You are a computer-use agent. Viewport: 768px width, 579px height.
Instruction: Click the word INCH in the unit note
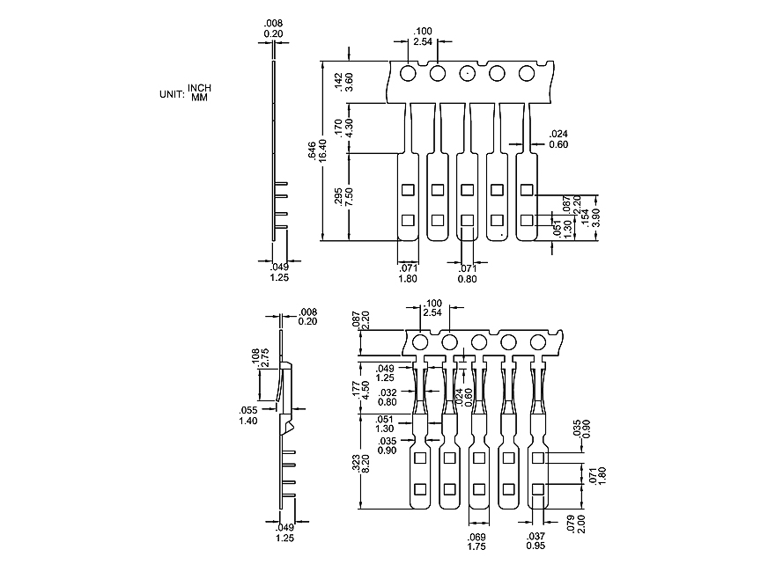[x=199, y=87]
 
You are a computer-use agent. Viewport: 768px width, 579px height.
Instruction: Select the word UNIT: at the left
[x=170, y=92]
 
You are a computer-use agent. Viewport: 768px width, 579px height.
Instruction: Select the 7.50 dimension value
[x=350, y=197]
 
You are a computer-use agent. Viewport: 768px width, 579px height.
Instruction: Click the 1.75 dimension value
[x=476, y=546]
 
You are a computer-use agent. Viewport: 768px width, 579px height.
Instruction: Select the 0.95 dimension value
[x=535, y=546]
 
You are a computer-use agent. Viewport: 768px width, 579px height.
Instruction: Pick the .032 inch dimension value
[x=387, y=392]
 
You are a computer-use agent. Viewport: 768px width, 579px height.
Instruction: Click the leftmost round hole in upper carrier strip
[x=408, y=73]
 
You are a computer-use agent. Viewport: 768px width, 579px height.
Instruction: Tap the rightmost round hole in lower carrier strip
[x=537, y=342]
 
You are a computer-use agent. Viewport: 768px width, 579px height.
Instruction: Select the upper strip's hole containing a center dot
[x=467, y=73]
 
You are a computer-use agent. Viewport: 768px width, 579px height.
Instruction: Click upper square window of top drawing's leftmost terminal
[x=408, y=189]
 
